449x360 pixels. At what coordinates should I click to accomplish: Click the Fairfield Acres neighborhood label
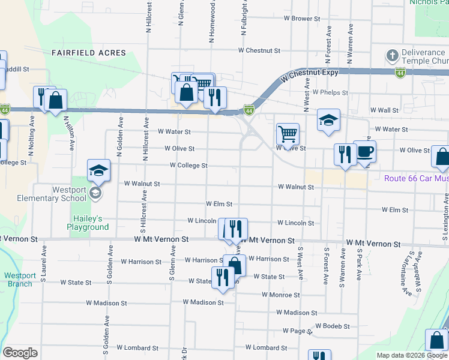pyautogui.click(x=89, y=53)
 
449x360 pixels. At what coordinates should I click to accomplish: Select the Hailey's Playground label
pyautogui.click(x=88, y=223)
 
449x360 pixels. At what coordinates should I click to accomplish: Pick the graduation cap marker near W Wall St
pyautogui.click(x=328, y=120)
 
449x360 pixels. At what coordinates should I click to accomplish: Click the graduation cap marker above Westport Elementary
pyautogui.click(x=98, y=170)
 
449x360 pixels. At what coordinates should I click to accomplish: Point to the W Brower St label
pyautogui.click(x=302, y=19)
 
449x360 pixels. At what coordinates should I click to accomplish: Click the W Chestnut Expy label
pyautogui.click(x=309, y=73)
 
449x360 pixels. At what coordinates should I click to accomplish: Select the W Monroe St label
pyautogui.click(x=280, y=295)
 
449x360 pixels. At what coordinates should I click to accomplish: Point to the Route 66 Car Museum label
pyautogui.click(x=417, y=178)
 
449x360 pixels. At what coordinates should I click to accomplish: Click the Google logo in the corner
pyautogui.click(x=20, y=353)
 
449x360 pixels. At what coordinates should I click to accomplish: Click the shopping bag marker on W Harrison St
pyautogui.click(x=235, y=265)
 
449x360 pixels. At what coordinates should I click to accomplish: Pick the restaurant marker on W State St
pyautogui.click(x=223, y=278)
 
